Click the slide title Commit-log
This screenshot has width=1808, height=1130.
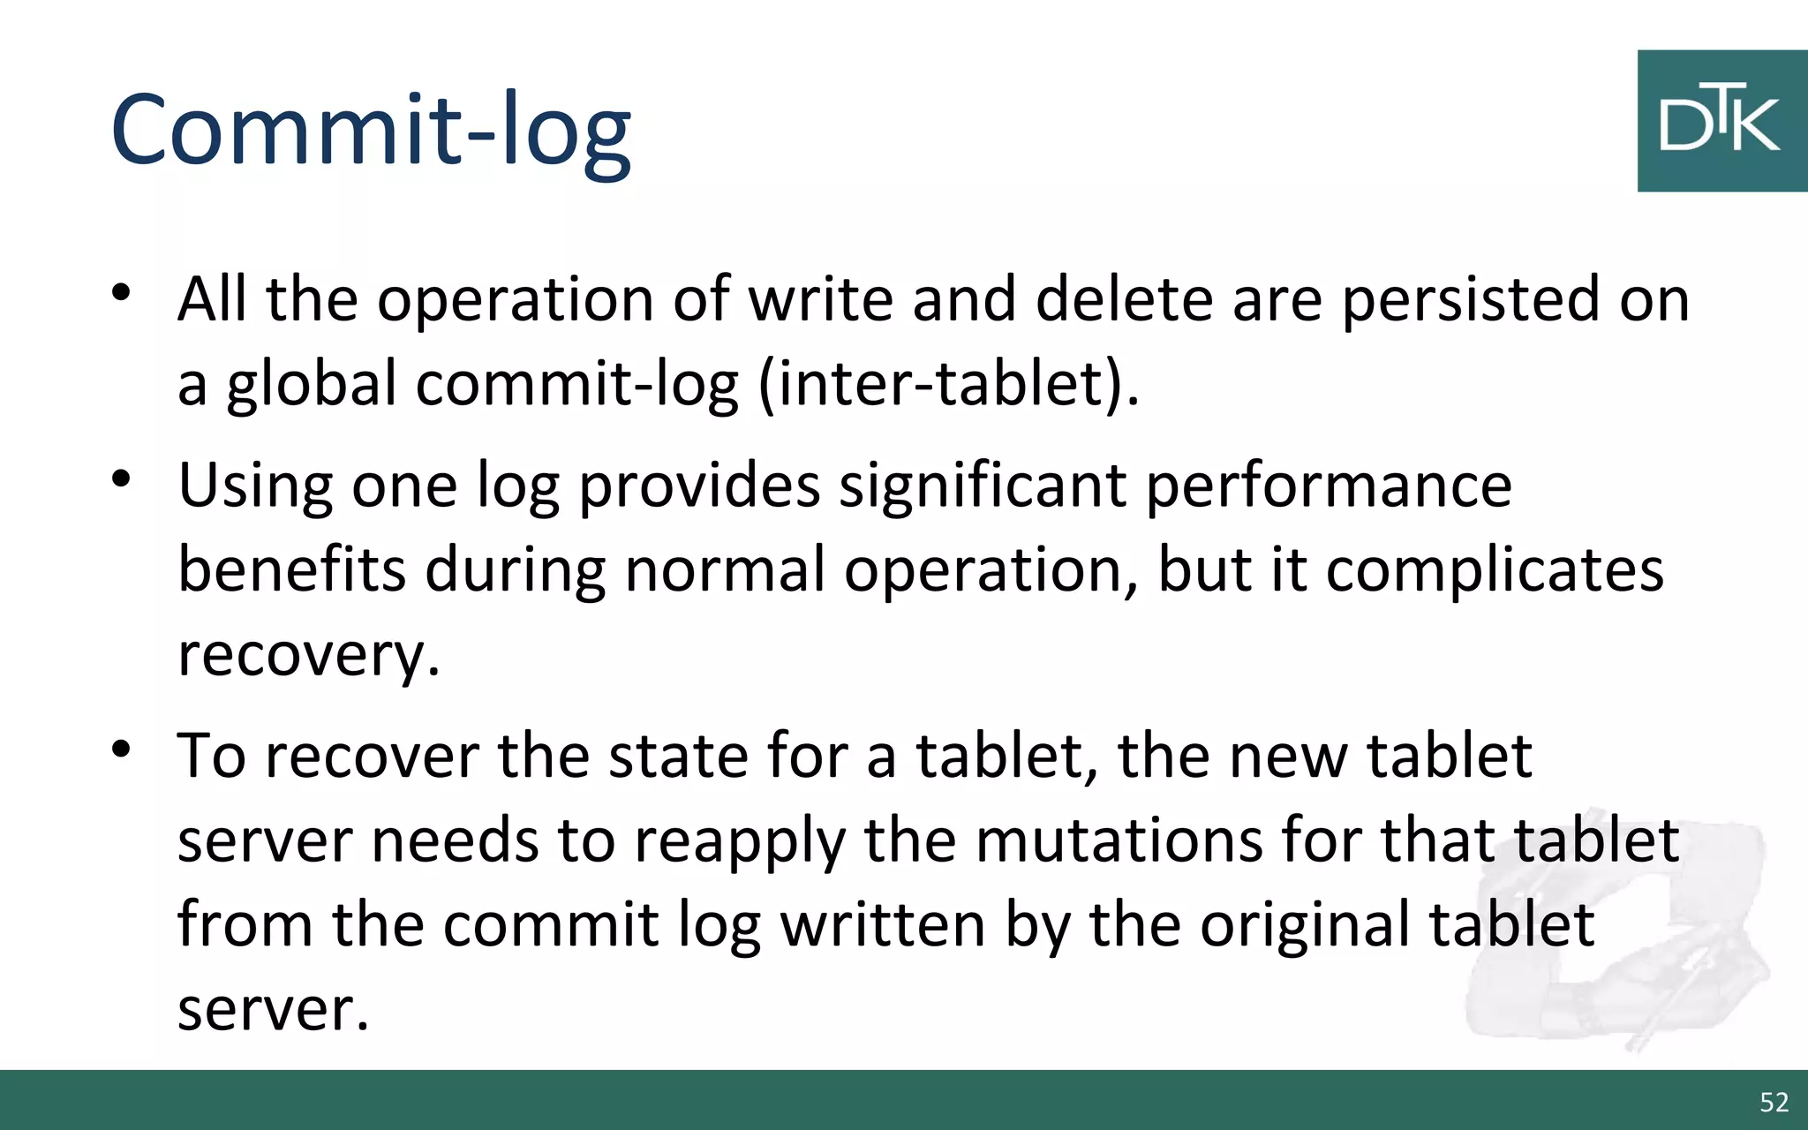[x=371, y=131]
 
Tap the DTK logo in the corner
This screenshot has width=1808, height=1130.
[x=1721, y=121]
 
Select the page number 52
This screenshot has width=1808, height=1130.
[x=1774, y=1102]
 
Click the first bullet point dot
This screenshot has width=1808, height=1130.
[x=122, y=291]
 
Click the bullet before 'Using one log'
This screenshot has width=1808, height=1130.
[x=122, y=479]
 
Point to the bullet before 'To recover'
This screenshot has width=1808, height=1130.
[x=122, y=750]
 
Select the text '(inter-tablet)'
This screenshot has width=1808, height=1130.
[x=947, y=385]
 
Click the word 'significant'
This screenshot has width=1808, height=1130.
[x=982, y=486]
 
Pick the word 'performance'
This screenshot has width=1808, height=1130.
[x=1329, y=486]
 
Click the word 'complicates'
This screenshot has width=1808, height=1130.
[x=1494, y=569]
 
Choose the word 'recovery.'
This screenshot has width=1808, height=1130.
[x=308, y=655]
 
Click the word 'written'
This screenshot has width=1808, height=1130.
[x=883, y=924]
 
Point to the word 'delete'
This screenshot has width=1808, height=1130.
[x=1125, y=300]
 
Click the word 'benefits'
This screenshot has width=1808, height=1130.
[x=291, y=569]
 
